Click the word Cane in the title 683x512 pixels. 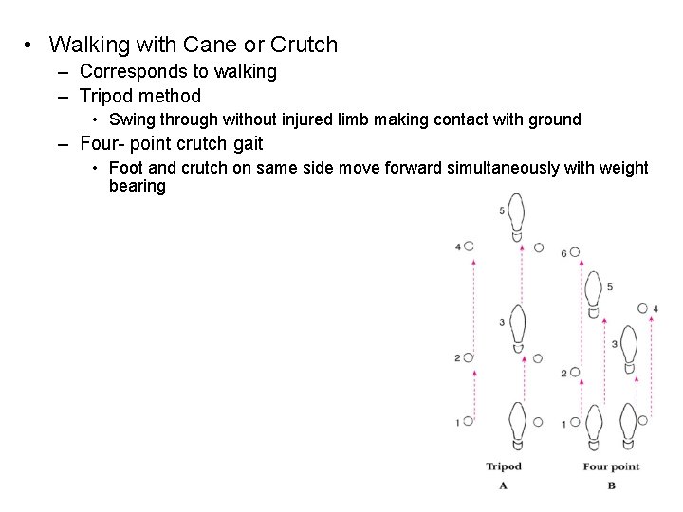pos(191,45)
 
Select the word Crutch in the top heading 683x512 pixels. pos(304,45)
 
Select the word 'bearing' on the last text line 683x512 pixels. pos(138,186)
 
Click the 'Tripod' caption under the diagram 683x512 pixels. pos(504,466)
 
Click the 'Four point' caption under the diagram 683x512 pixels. pos(611,466)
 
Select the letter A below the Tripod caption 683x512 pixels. pos(503,485)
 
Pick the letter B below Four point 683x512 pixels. pos(611,485)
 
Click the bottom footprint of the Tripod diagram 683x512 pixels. pos(517,425)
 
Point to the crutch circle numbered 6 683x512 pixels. pos(575,253)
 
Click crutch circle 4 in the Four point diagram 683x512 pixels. pos(644,309)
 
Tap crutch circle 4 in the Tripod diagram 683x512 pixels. pos(469,247)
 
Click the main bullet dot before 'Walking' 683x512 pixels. pos(31,46)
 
